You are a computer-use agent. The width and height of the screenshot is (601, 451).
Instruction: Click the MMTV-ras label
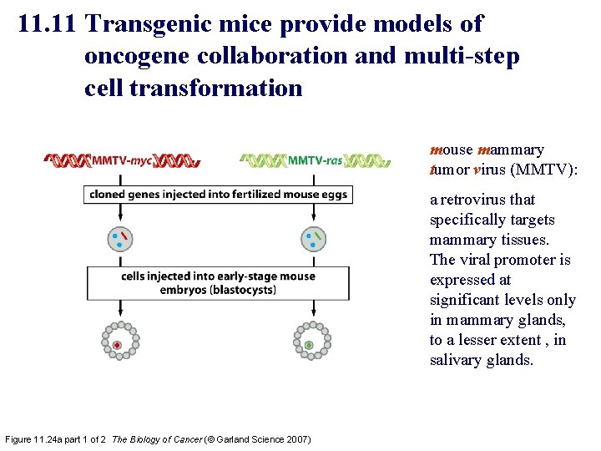click(315, 160)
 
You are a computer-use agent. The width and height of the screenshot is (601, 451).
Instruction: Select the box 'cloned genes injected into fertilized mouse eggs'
click(217, 194)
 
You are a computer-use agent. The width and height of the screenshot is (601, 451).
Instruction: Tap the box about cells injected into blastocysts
click(217, 283)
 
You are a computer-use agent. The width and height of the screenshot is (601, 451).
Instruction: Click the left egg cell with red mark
click(120, 240)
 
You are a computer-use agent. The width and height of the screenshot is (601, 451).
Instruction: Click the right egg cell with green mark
click(314, 240)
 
